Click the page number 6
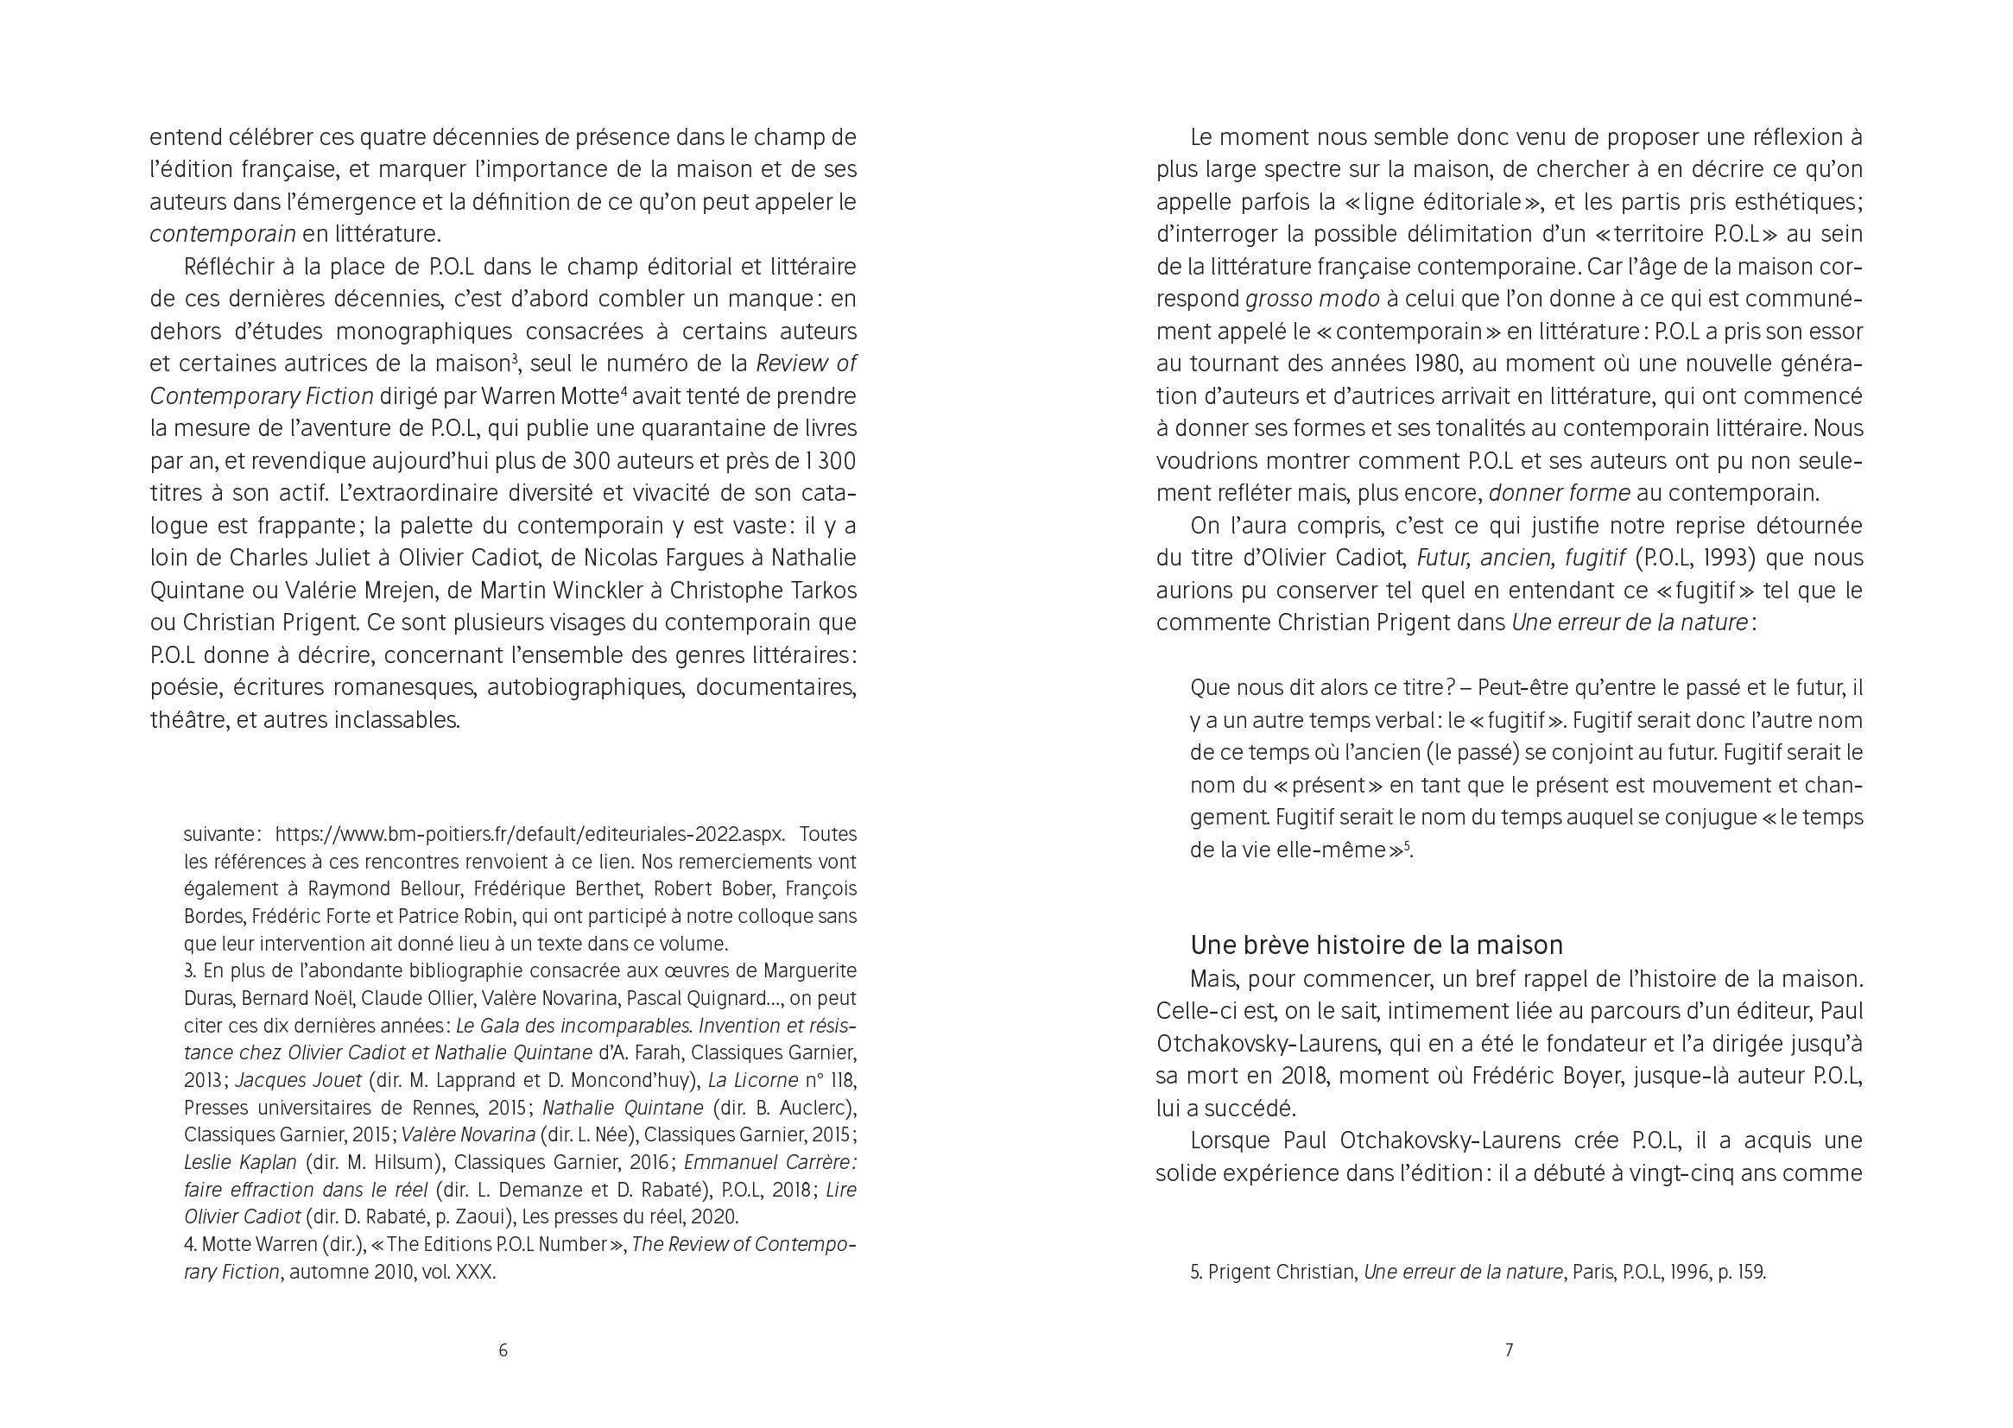tap(503, 1349)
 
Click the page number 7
tap(1509, 1349)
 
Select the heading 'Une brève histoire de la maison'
tap(1377, 945)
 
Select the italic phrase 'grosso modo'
tap(1312, 299)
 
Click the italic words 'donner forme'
tap(1560, 493)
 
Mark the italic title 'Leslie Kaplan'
tap(240, 1162)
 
